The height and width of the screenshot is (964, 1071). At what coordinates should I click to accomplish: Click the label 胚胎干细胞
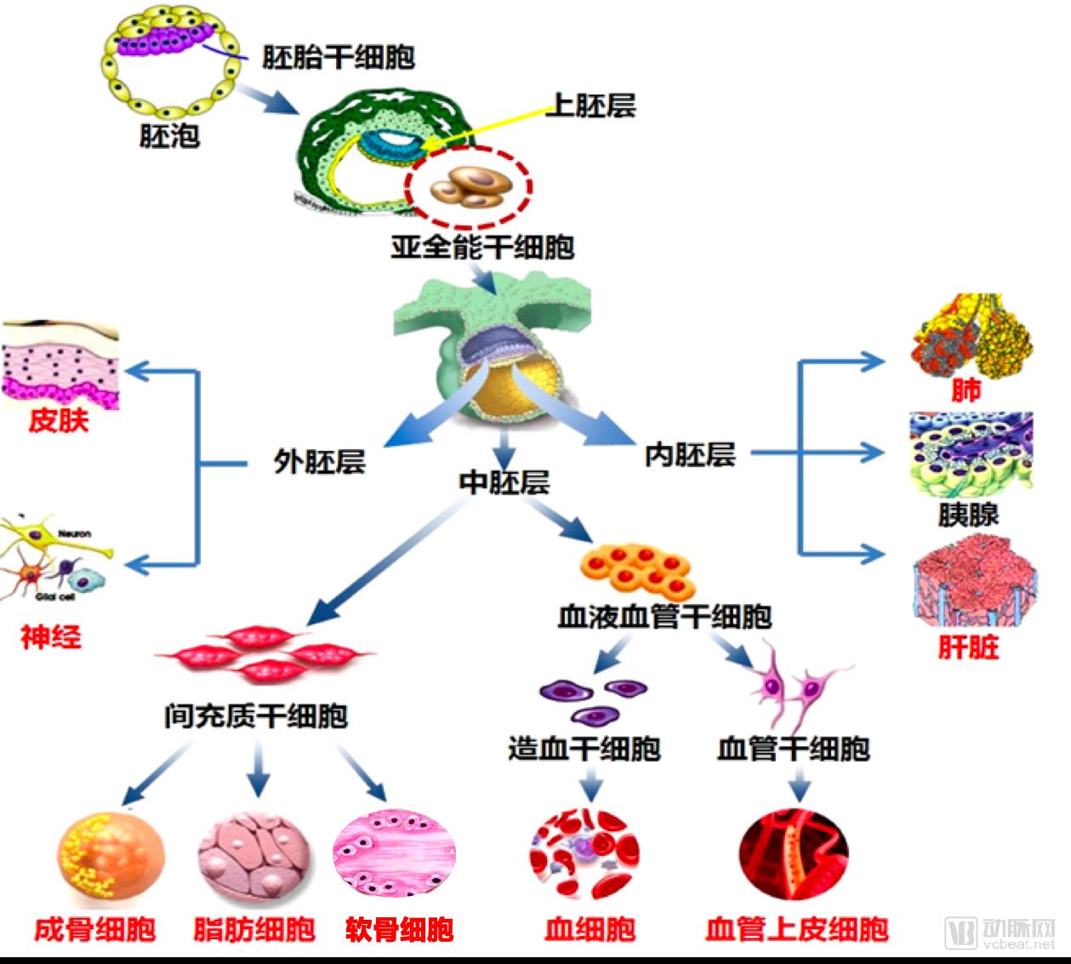[338, 57]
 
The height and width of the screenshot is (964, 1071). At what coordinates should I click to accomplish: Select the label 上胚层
[590, 106]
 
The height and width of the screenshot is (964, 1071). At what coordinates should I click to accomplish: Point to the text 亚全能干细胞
[481, 247]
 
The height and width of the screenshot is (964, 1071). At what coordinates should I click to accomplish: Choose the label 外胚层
[319, 461]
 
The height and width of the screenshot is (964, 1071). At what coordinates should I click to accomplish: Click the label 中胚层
[504, 482]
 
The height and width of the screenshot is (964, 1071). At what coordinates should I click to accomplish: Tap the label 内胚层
[689, 454]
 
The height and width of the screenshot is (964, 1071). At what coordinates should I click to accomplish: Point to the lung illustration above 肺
[970, 335]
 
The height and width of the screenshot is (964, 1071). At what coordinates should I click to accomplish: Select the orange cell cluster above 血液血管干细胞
[636, 568]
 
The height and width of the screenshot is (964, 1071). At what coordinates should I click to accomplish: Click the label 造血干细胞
[584, 748]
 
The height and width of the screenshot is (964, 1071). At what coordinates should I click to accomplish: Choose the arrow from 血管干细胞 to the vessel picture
[797, 784]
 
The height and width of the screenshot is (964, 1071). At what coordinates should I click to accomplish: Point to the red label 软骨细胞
[399, 928]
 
